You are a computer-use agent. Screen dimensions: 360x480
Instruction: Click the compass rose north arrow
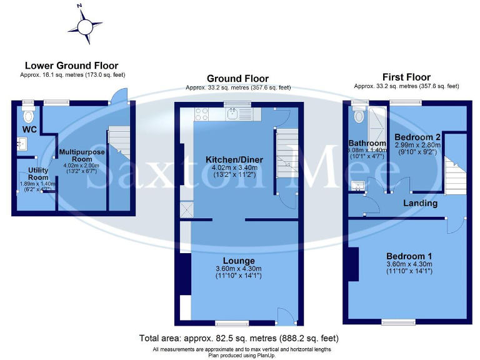coord(84,24)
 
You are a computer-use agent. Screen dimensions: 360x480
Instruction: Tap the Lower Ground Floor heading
coord(71,66)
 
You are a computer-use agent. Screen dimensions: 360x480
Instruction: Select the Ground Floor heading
coord(237,79)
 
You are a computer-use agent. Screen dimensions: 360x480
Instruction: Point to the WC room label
coord(30,129)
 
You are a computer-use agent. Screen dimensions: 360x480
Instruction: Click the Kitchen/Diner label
coord(234,160)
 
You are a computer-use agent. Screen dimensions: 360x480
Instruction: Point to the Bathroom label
coord(367,143)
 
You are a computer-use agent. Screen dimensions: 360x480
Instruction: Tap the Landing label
coord(420,203)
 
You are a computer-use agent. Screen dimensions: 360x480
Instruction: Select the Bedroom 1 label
coord(409,256)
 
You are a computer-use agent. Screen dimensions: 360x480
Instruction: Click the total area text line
coord(239,338)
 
